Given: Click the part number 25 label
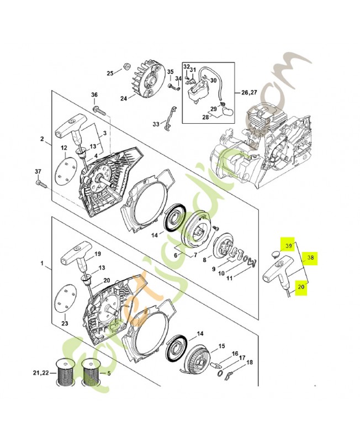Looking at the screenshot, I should click(110, 73).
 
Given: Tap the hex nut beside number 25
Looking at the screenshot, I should click(126, 67).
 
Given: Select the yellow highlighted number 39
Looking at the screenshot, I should click(288, 245).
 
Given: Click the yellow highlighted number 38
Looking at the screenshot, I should click(310, 257).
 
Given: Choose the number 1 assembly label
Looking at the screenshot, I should click(42, 264).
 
